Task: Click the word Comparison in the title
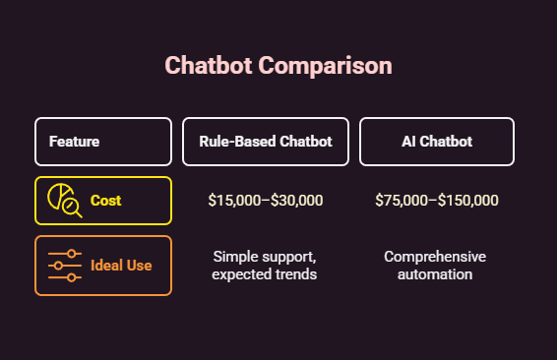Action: (326, 66)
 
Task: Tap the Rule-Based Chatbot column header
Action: (266, 142)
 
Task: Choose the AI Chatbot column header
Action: (437, 142)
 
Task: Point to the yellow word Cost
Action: (106, 201)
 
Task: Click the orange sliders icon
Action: (65, 266)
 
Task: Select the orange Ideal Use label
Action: (121, 266)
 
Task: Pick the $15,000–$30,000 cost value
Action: (266, 201)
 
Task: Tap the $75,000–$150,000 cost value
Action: (437, 201)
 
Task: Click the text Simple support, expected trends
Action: (265, 266)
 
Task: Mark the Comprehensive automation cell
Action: (436, 266)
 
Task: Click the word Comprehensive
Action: (436, 257)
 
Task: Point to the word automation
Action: (436, 274)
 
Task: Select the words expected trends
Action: (265, 274)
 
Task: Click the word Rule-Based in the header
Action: (237, 142)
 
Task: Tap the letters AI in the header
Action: (408, 142)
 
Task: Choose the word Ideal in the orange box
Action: (107, 266)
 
